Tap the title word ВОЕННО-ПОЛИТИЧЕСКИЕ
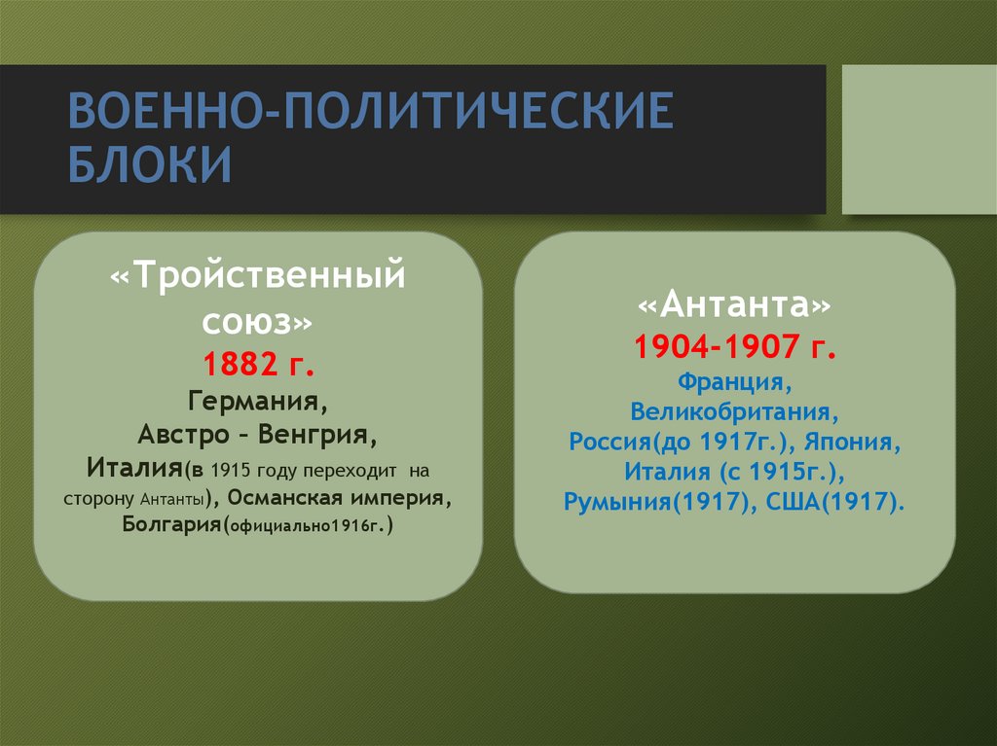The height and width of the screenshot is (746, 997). (369, 113)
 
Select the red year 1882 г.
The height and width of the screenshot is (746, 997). (258, 364)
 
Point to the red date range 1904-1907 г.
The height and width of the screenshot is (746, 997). (734, 346)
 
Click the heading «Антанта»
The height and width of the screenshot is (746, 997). (734, 306)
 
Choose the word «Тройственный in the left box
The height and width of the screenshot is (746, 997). (258, 275)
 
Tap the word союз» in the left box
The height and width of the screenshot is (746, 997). (258, 320)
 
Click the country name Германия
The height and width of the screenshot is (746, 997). (257, 400)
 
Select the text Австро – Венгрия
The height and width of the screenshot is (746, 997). (257, 433)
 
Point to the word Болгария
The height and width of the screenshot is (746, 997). (172, 526)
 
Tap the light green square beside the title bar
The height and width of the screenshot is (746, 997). (918, 139)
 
